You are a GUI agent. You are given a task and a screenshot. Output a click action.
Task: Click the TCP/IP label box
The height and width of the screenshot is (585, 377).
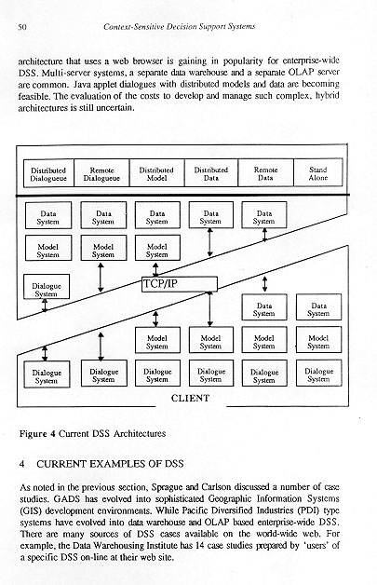180,284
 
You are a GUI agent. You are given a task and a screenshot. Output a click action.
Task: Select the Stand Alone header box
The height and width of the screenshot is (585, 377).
318,172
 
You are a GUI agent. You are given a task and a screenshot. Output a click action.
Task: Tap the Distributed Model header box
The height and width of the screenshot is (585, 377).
156,173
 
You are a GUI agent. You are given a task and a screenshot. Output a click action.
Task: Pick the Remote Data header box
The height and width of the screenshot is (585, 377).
266,172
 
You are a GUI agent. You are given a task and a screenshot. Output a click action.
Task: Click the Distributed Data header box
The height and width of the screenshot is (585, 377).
211,173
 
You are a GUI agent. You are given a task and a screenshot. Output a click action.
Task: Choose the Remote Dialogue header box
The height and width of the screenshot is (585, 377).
101,173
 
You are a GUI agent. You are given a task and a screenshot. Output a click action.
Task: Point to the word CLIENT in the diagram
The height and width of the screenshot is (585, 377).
190,398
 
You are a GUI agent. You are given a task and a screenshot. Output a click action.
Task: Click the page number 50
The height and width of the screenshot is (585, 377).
22,27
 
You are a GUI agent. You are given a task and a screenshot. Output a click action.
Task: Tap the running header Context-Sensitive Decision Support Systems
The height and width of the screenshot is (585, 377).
180,26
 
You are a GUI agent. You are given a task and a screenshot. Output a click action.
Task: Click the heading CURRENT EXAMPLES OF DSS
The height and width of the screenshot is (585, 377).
110,464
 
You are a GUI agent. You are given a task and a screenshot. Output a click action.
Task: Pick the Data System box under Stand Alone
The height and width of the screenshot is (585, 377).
319,307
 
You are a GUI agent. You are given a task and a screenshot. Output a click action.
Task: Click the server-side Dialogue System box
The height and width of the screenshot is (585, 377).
47,287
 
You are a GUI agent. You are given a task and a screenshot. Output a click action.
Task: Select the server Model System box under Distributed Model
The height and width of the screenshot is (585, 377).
157,248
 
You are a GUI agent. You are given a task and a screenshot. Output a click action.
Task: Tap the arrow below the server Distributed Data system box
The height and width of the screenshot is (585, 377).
210,242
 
